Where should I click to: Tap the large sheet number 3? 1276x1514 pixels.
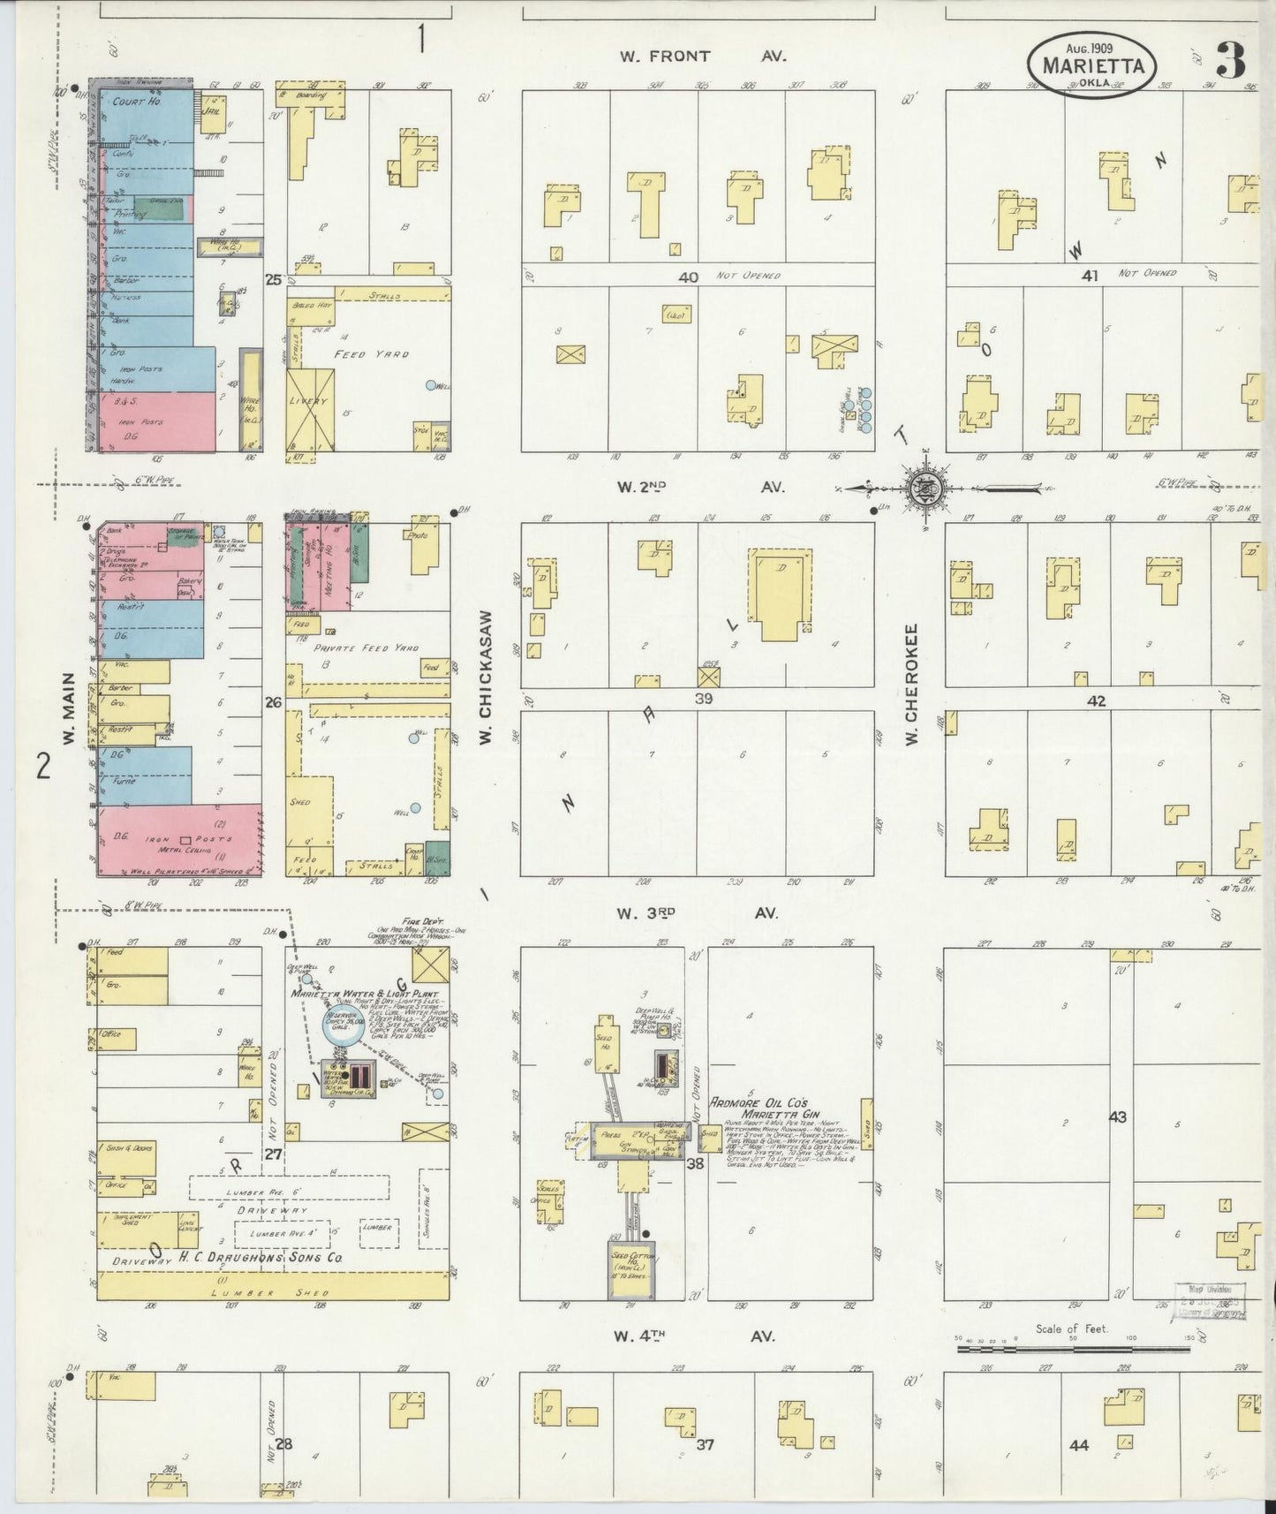pos(1231,59)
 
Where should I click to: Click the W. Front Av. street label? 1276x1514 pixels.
pos(702,57)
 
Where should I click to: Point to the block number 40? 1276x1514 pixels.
pos(688,276)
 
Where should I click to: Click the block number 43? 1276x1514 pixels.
pos(1117,1117)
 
